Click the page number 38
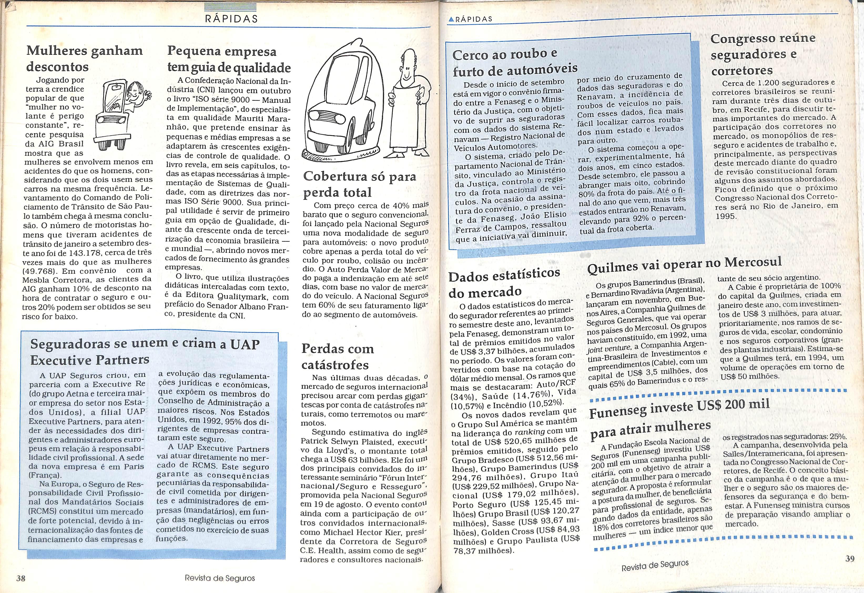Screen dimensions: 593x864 [21, 578]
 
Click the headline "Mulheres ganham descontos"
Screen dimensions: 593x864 [84, 58]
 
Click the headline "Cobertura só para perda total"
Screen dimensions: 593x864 [359, 184]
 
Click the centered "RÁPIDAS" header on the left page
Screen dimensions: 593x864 [231, 19]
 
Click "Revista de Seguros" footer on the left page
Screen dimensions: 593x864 [220, 578]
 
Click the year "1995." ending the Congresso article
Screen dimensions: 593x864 [725, 216]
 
